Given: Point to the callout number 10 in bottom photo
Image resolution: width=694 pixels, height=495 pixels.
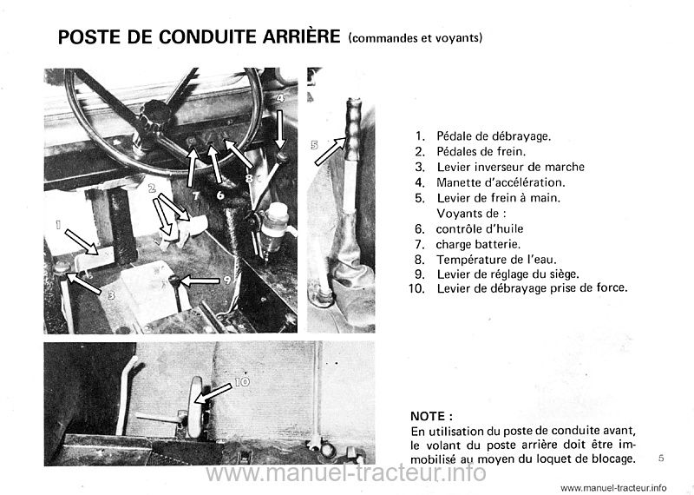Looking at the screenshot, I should point(241,380).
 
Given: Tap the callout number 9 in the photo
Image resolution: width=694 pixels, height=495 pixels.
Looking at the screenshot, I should point(226,280).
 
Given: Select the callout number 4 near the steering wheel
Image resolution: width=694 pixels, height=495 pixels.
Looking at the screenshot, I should point(280,99).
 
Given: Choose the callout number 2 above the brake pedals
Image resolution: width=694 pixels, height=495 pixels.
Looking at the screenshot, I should point(152,188).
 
